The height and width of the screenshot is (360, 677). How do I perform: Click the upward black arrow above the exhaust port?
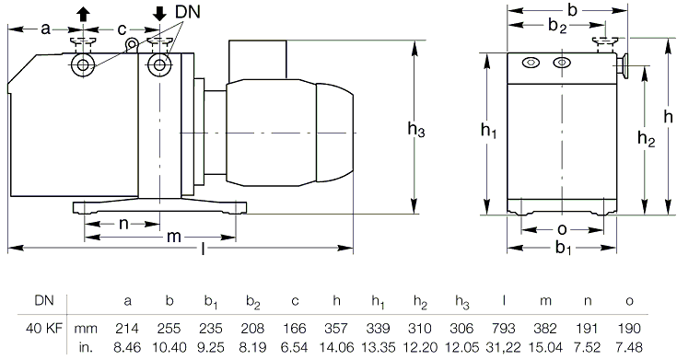click(83, 15)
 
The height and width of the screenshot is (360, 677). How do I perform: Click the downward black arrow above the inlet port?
click(159, 15)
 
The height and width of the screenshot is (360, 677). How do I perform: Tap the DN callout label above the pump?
click(188, 12)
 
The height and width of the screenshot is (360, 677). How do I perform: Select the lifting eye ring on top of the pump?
click(132, 44)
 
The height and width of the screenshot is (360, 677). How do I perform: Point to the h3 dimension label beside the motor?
click(416, 129)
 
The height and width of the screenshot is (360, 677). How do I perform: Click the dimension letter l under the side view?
click(203, 249)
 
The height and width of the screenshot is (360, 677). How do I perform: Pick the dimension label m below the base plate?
click(173, 237)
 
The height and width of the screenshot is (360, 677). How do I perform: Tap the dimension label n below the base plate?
click(124, 224)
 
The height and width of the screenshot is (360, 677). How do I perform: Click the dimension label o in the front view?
click(562, 229)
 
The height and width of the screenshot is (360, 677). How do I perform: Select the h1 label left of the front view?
click(488, 130)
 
